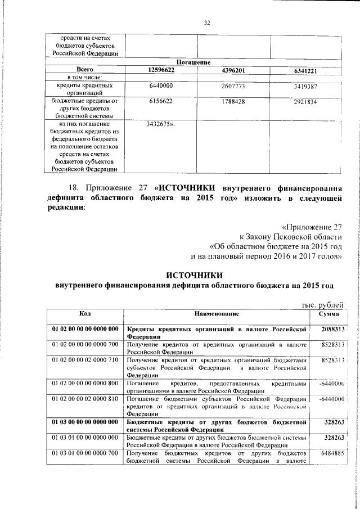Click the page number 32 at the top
coord(206,22)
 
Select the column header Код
coord(85,313)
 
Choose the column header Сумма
coord(328,313)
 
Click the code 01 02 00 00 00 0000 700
coord(85,344)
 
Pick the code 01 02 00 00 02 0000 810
coord(85,398)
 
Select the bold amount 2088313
coord(332,328)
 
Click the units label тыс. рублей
coord(319,304)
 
